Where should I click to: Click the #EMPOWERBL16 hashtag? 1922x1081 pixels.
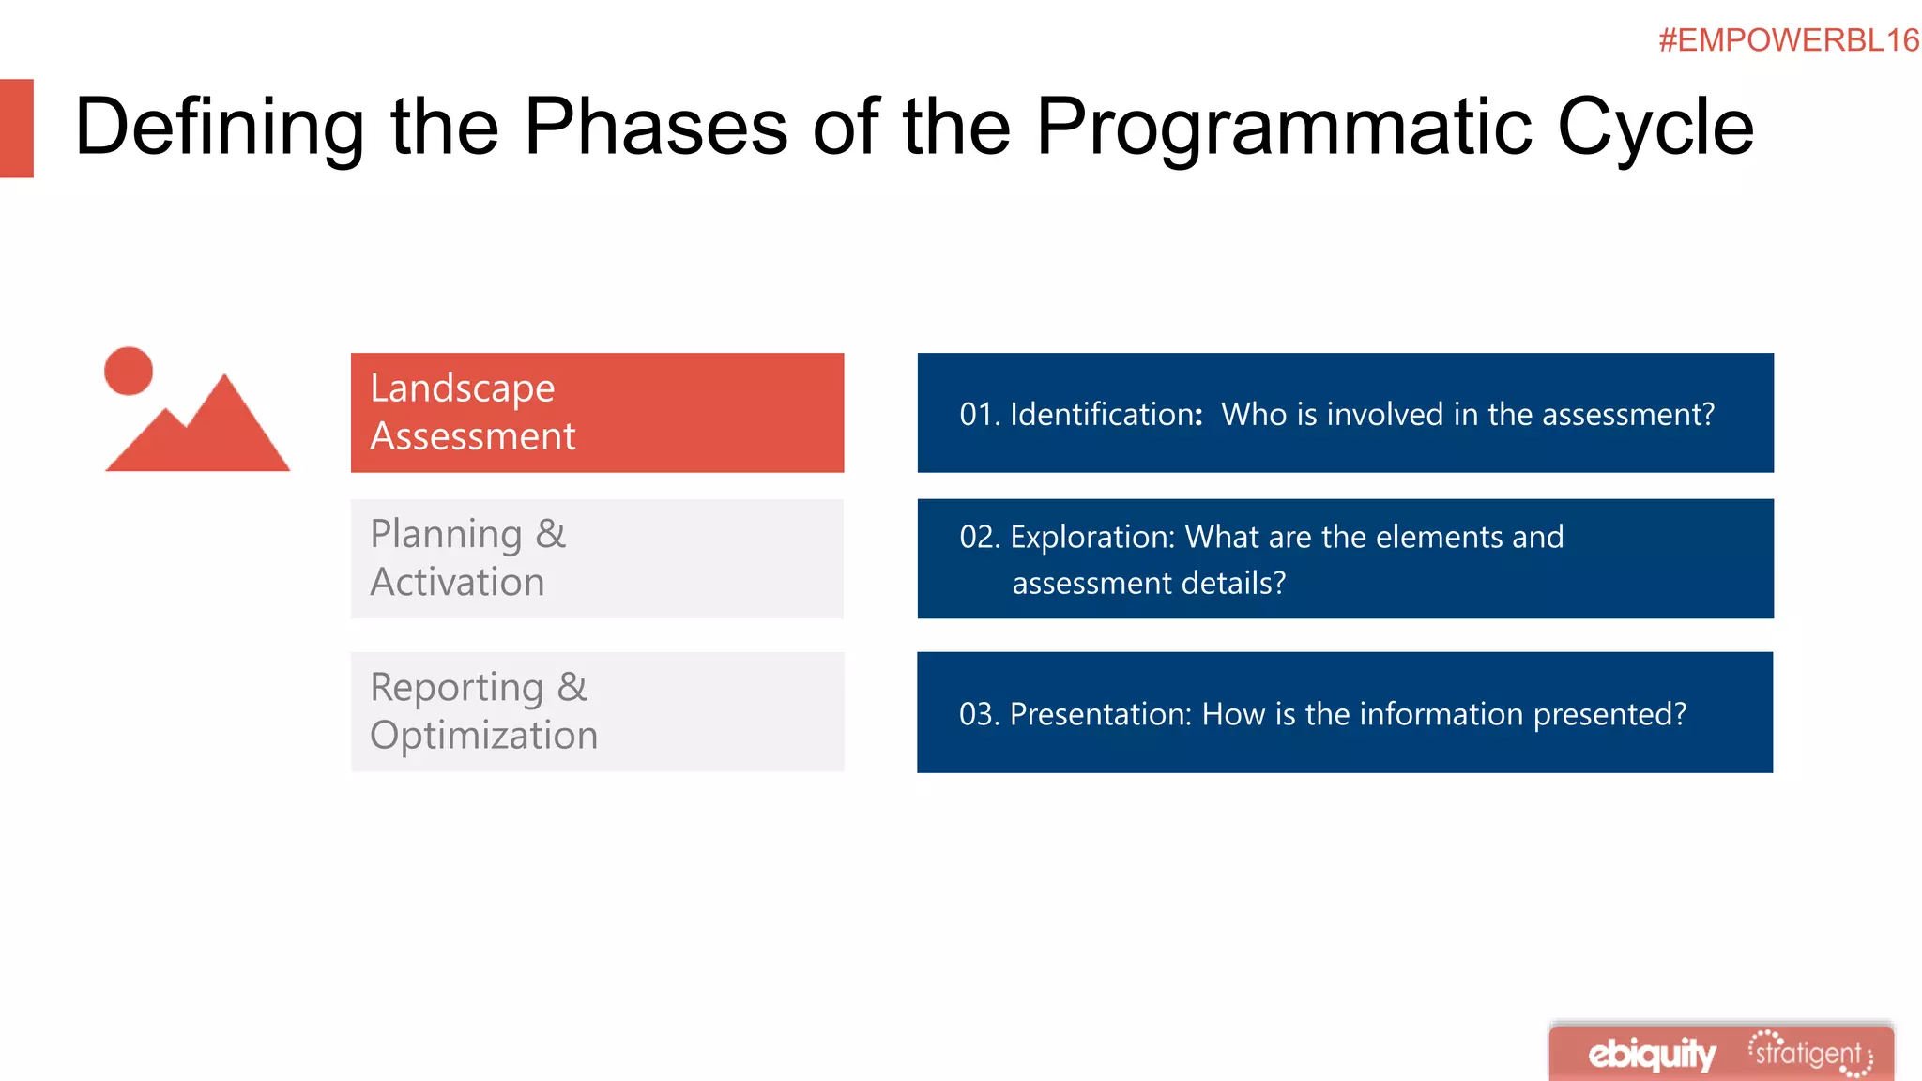click(x=1788, y=40)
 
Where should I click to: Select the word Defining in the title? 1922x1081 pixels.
click(x=219, y=127)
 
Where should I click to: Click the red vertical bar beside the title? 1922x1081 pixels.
click(x=16, y=128)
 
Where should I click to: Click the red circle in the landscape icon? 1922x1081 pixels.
click(x=129, y=372)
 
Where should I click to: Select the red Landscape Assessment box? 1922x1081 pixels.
click(x=597, y=413)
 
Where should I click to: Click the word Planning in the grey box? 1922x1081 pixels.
click(x=446, y=534)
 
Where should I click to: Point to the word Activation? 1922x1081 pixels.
click(x=457, y=583)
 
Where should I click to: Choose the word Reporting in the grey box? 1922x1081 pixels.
click(x=457, y=688)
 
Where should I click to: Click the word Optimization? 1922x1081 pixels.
click(x=483, y=736)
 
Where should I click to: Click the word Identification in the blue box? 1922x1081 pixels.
click(x=1104, y=415)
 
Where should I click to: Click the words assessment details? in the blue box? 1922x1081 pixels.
click(x=1149, y=584)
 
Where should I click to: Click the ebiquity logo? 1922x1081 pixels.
click(x=1652, y=1055)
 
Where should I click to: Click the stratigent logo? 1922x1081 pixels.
click(x=1809, y=1054)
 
